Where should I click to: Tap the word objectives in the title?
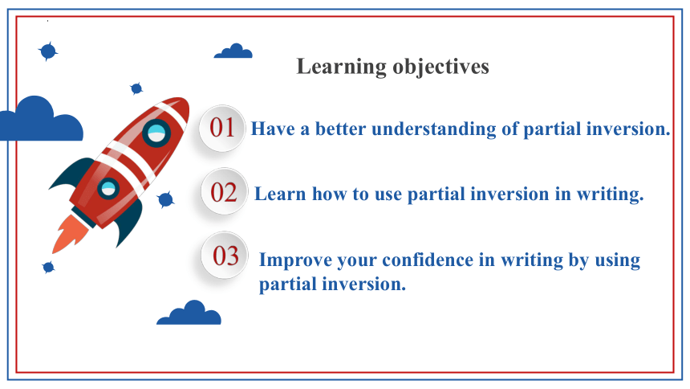point(441,67)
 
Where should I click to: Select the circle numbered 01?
point(221,129)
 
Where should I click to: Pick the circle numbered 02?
point(224,192)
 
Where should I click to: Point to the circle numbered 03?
point(225,256)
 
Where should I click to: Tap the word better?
point(341,129)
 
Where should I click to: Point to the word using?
point(618,260)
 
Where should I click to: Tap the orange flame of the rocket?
point(71,234)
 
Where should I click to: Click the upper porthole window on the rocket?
point(156,133)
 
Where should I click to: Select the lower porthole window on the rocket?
point(108,189)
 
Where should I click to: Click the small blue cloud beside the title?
point(233,51)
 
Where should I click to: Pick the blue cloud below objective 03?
point(189,313)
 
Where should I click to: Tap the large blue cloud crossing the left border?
point(42,119)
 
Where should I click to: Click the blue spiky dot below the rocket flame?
point(48,267)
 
